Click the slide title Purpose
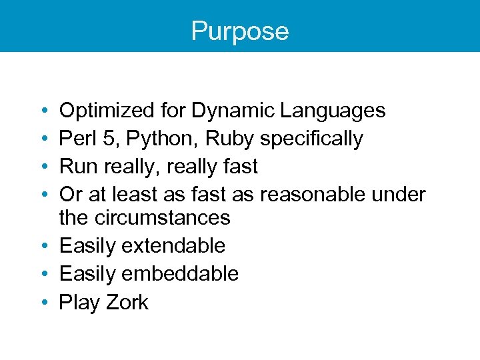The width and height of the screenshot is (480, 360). click(239, 31)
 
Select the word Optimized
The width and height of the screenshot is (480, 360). click(107, 110)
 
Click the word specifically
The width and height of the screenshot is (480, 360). click(311, 138)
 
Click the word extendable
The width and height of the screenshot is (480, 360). click(173, 245)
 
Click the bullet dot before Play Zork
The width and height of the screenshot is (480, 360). click(43, 302)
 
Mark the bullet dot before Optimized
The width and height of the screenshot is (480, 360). click(43, 110)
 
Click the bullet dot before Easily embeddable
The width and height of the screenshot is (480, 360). click(43, 273)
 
